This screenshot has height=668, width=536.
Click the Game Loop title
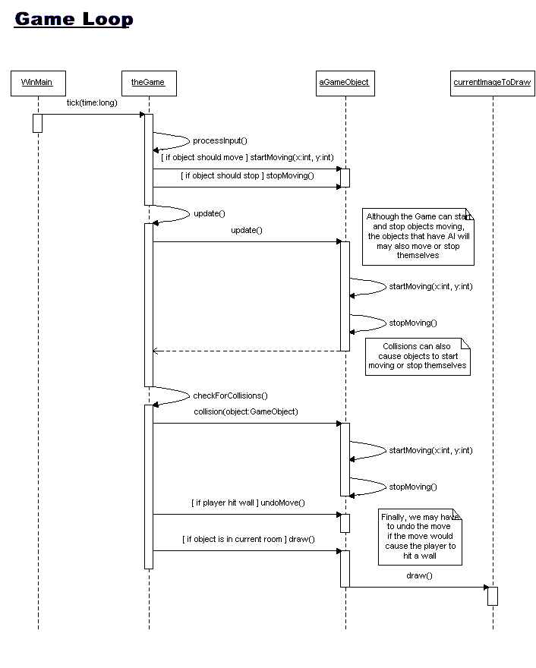pos(74,20)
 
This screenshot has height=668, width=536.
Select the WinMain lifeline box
pos(39,83)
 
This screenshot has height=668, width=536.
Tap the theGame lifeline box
pos(149,83)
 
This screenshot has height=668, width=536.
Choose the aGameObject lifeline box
pos(345,83)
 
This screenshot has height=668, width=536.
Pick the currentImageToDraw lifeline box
pos(493,83)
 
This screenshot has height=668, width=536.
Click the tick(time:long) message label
pos(92,102)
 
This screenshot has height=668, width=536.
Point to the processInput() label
pos(220,140)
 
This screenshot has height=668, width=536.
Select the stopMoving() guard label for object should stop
pos(248,175)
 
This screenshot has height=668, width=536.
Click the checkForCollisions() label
pos(230,395)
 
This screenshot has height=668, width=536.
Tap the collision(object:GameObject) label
pos(246,411)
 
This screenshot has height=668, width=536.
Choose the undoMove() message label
pos(248,503)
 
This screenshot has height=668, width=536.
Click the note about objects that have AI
pos(418,237)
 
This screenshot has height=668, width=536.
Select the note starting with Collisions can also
pos(418,357)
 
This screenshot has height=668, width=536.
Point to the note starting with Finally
pos(420,537)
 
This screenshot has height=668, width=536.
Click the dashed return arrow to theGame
pos(247,351)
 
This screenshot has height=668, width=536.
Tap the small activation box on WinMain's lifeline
pos(37,123)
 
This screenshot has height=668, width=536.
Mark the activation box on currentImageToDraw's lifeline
pos(493,596)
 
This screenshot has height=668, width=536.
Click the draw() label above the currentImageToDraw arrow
pos(419,575)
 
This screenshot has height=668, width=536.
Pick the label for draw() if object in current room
pos(248,540)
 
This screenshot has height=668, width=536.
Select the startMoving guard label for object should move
pos(248,158)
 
